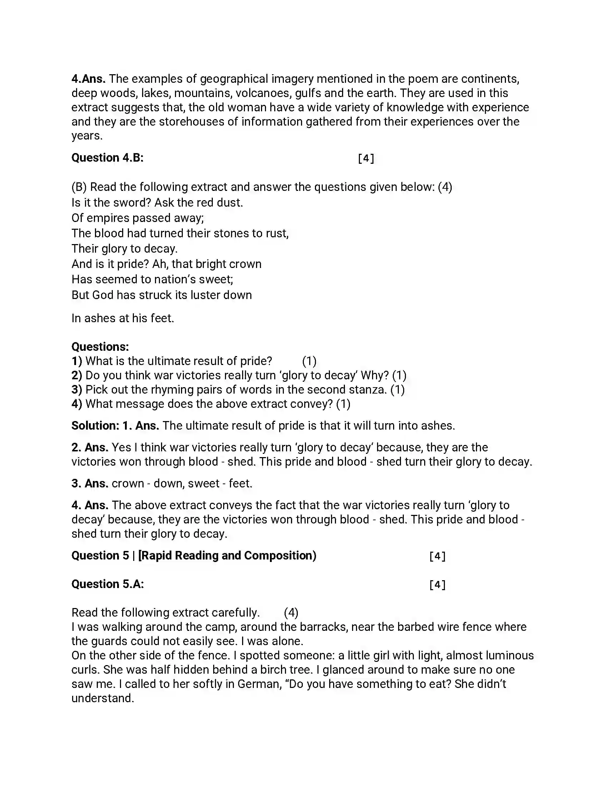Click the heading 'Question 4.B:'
107,158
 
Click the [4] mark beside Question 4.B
366,158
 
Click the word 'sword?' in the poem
134,203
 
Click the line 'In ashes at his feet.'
122,318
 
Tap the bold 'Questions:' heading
100,347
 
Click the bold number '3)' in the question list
77,390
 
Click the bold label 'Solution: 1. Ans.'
115,426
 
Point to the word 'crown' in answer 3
128,483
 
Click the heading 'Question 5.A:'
107,584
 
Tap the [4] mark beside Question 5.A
437,585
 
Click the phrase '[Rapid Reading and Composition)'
227,556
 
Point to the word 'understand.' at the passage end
102,698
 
